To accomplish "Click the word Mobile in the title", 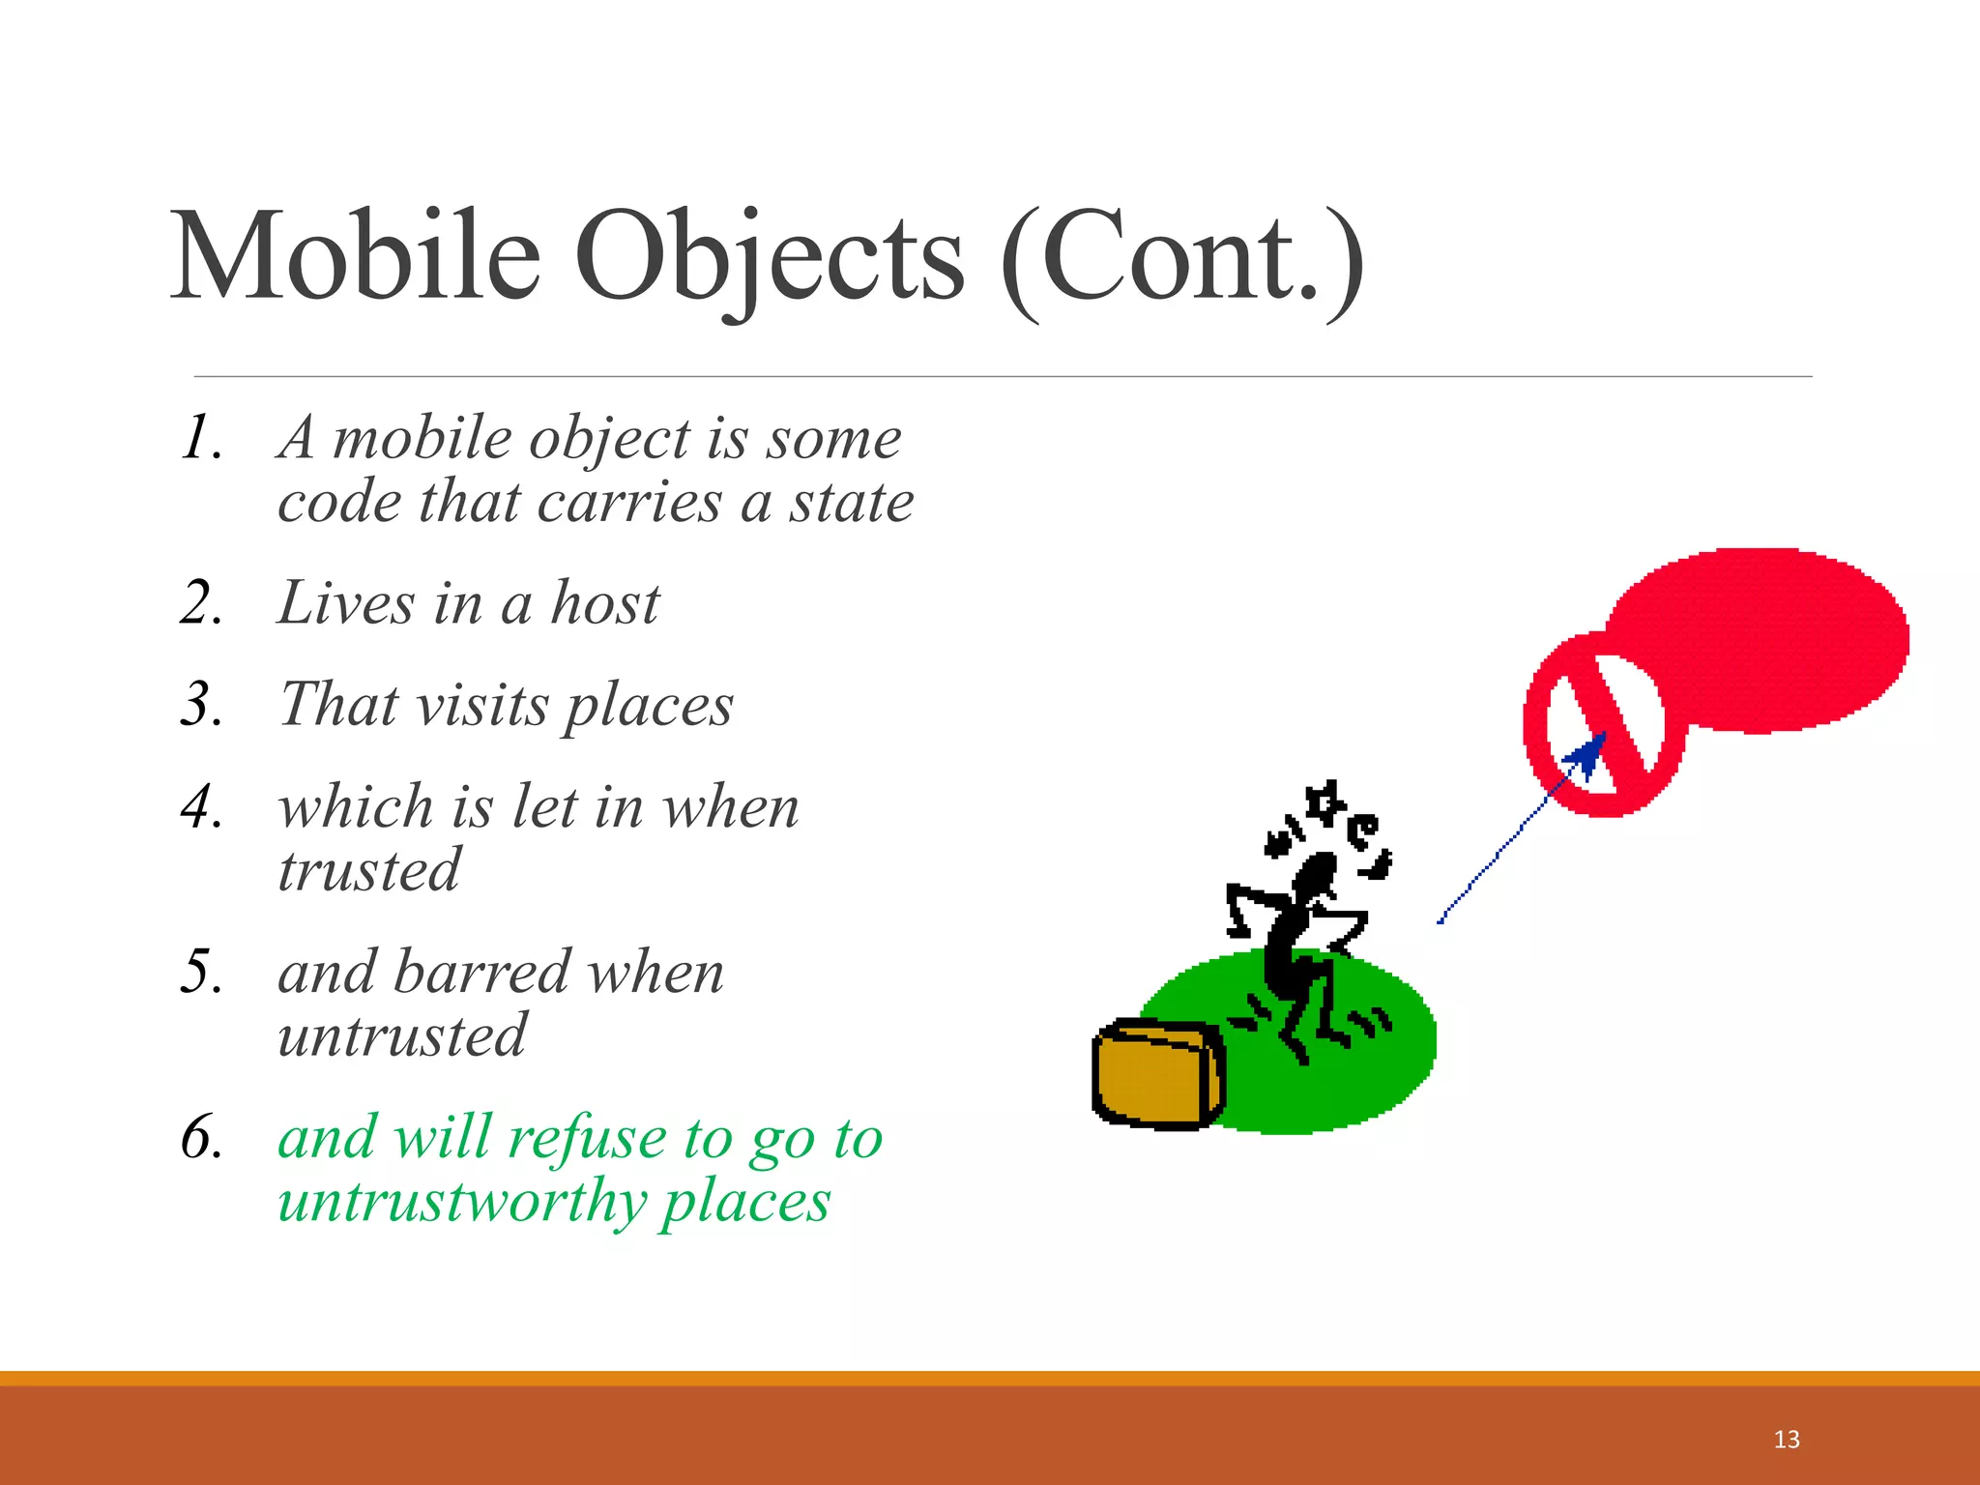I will pyautogui.click(x=355, y=257).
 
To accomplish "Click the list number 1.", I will pyautogui.click(x=201, y=438).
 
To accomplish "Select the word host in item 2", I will pyautogui.click(x=604, y=603).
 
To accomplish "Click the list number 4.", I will pyautogui.click(x=201, y=806).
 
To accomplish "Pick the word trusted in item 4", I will pyautogui.click(x=368, y=870).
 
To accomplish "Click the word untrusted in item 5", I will pyautogui.click(x=401, y=1035).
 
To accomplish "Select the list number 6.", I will pyautogui.click(x=201, y=1137).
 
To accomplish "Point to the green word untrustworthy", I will pyautogui.click(x=462, y=1202).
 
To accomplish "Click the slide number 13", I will pyautogui.click(x=1787, y=1440).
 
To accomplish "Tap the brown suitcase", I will pyautogui.click(x=1158, y=1074).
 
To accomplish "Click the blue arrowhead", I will pyautogui.click(x=1587, y=755).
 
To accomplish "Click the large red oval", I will pyautogui.click(x=1769, y=639).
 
